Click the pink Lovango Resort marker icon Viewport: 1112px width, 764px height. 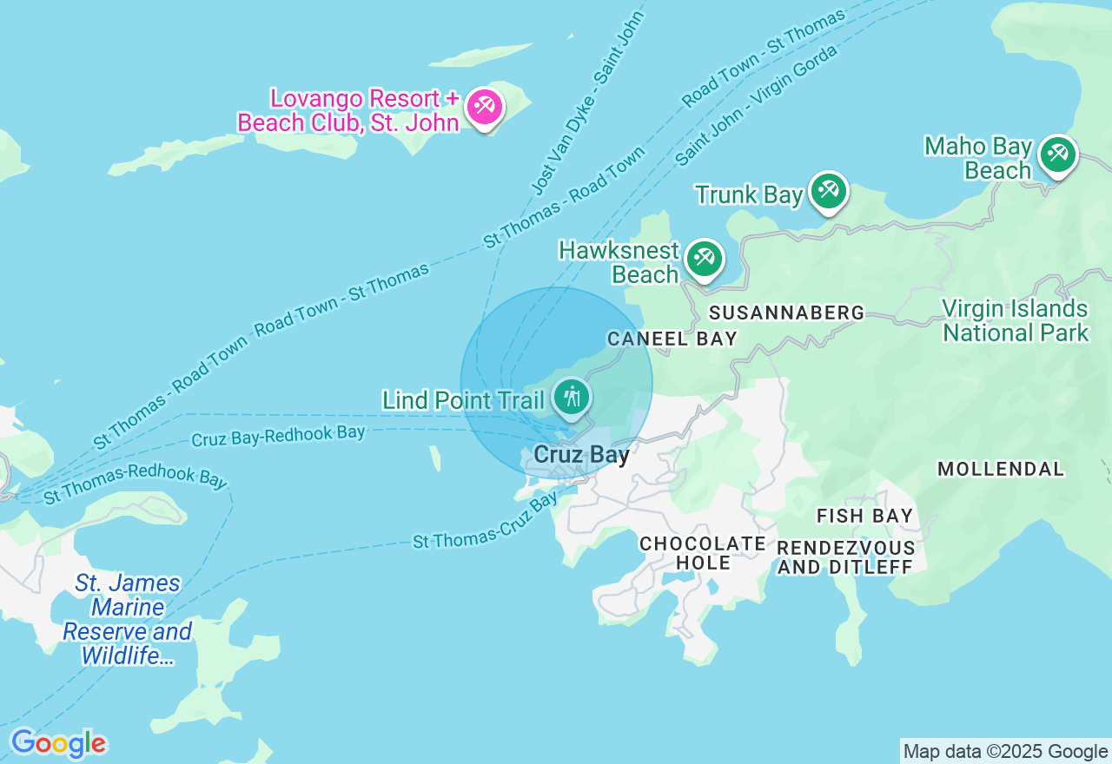pyautogui.click(x=484, y=108)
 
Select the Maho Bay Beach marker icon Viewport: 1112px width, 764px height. pyautogui.click(x=1056, y=155)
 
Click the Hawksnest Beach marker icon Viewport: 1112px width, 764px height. pyautogui.click(x=704, y=259)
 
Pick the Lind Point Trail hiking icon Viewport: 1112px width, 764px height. pyautogui.click(x=572, y=398)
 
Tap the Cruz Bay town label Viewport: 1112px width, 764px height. pyautogui.click(x=581, y=454)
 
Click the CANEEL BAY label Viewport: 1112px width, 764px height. pyautogui.click(x=672, y=339)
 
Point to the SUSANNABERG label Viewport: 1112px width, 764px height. pyautogui.click(x=786, y=313)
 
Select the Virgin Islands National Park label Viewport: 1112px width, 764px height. pyautogui.click(x=1015, y=320)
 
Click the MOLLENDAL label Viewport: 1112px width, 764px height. pyautogui.click(x=1000, y=469)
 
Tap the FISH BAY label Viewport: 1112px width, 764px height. pyautogui.click(x=864, y=516)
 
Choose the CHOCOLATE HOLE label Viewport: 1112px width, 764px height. pyautogui.click(x=703, y=553)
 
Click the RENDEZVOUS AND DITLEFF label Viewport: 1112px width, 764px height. pyautogui.click(x=845, y=557)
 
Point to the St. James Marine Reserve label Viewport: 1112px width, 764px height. pyautogui.click(x=128, y=619)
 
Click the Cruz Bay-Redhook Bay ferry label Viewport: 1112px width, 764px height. pyautogui.click(x=278, y=436)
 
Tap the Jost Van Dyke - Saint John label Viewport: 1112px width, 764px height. pyautogui.click(x=586, y=102)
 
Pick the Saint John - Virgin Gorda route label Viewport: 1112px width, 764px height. pyautogui.click(x=756, y=105)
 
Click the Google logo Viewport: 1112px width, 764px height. pyautogui.click(x=58, y=743)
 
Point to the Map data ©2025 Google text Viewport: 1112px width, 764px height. pyautogui.click(x=1005, y=751)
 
